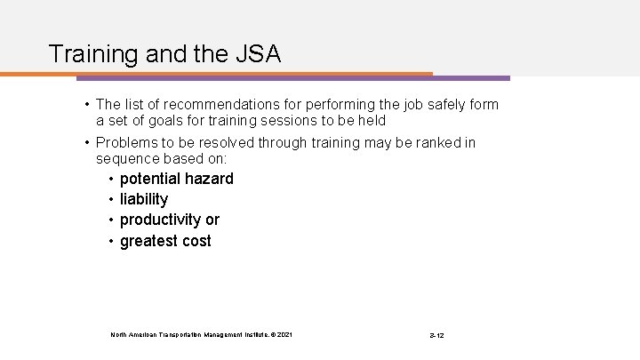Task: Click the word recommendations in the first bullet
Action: (x=220, y=105)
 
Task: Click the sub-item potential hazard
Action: (x=176, y=179)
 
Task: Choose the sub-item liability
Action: (x=143, y=199)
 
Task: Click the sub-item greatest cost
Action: (x=165, y=240)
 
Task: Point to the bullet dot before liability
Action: (x=110, y=199)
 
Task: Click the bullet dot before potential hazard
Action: (x=110, y=179)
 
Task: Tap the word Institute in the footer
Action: (x=239, y=334)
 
